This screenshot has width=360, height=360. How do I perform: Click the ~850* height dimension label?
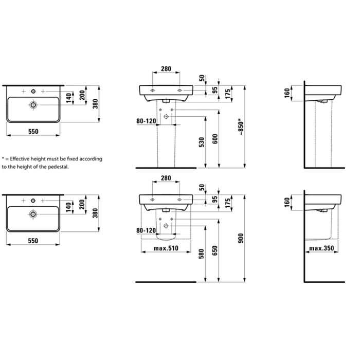point(241,127)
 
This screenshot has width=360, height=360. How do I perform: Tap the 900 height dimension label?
point(241,238)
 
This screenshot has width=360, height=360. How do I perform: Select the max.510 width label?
point(166,248)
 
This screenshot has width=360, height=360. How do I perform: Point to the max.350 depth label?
point(321,248)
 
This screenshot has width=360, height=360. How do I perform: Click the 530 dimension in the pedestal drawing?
point(202,142)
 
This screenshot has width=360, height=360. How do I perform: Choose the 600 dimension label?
point(215,139)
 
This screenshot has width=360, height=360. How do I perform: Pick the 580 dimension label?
point(202,254)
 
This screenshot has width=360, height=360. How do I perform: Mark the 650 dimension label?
point(215,251)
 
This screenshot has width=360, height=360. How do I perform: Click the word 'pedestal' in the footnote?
point(59,167)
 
